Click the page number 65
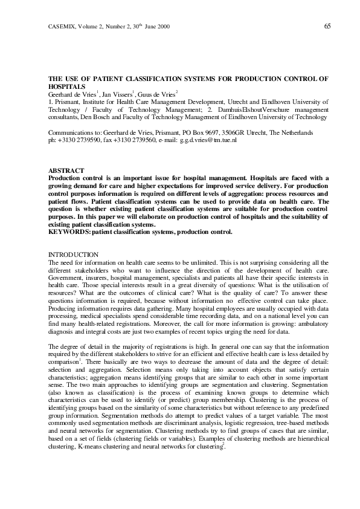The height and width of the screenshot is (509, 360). pos(327,25)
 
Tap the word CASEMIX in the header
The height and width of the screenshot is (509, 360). pos(60,26)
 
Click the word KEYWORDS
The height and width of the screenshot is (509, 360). pos(68,231)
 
